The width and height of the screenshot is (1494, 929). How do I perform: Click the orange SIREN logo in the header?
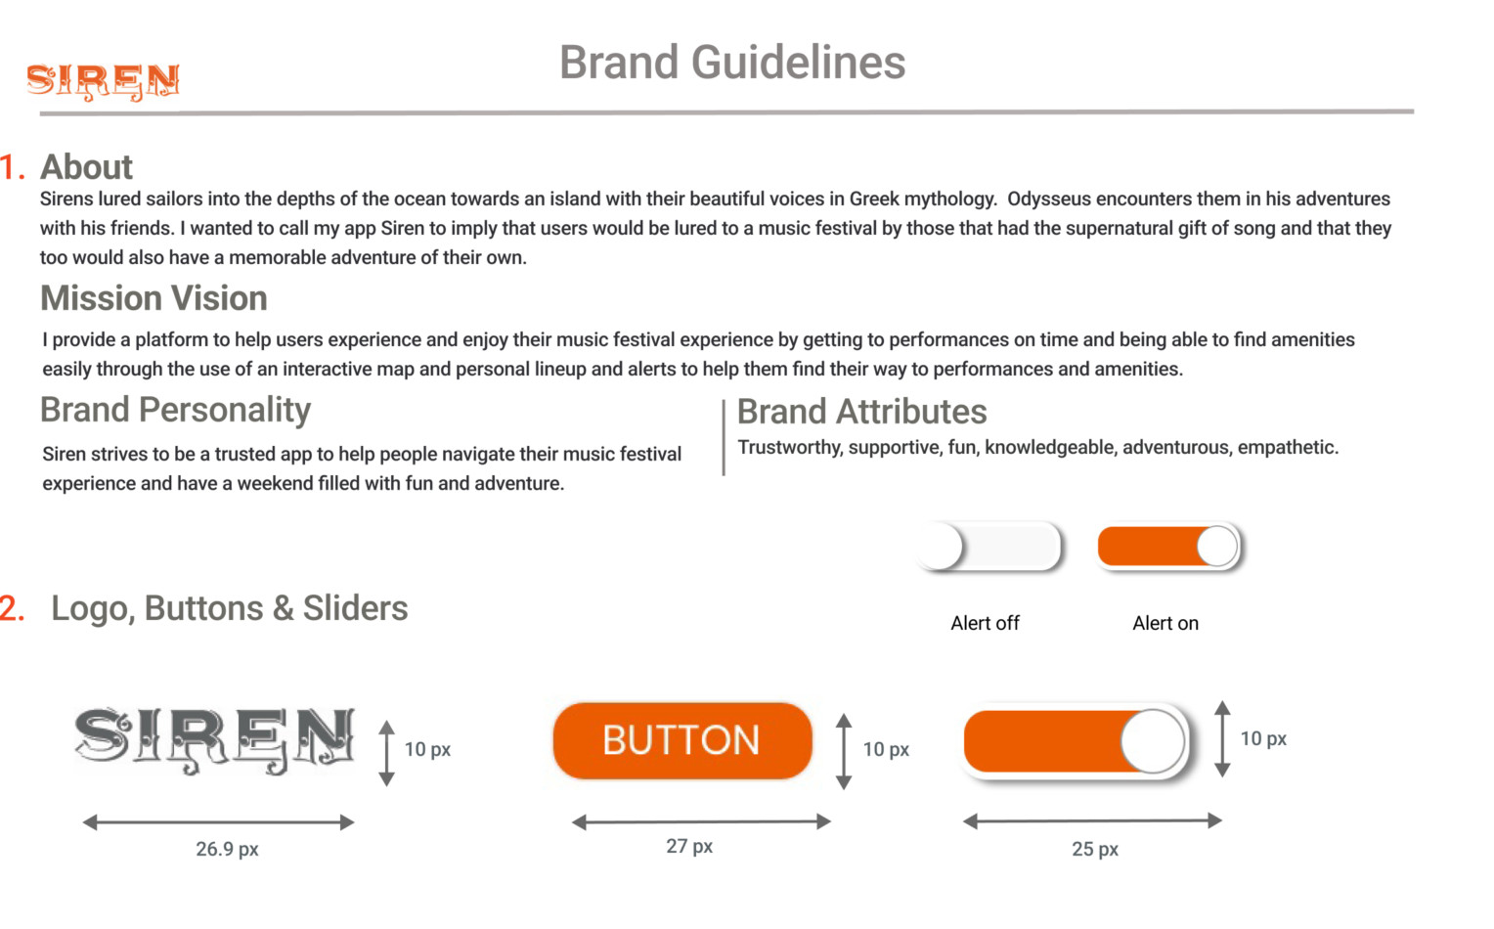pyautogui.click(x=103, y=82)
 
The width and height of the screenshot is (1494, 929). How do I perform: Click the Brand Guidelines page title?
pyautogui.click(x=731, y=62)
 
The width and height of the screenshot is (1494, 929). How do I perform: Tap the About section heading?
pyautogui.click(x=87, y=166)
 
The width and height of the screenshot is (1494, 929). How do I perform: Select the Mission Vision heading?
pyautogui.click(x=154, y=297)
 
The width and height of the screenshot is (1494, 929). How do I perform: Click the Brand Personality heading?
pyautogui.click(x=175, y=410)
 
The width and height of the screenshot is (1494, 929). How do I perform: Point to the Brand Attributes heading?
pyautogui.click(x=861, y=411)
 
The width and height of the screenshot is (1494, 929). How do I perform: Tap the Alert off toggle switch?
pyautogui.click(x=989, y=547)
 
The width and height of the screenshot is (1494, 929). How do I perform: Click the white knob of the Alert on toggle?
pyautogui.click(x=1217, y=547)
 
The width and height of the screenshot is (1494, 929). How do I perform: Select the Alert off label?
pyautogui.click(x=986, y=623)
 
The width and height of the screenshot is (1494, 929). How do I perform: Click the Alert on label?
pyautogui.click(x=1165, y=623)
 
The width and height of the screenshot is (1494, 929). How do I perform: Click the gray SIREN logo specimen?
pyautogui.click(x=214, y=740)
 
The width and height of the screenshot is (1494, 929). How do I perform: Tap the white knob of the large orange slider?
pyautogui.click(x=1153, y=741)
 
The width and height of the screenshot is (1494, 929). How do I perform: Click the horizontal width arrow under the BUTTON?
pyautogui.click(x=701, y=821)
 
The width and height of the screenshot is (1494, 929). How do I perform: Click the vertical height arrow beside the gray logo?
pyautogui.click(x=387, y=753)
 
